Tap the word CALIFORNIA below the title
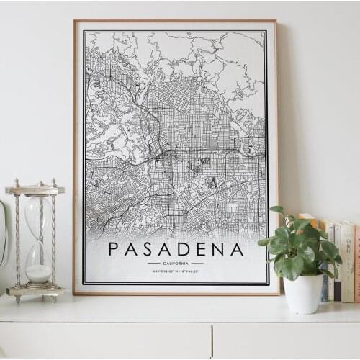coord(176,264)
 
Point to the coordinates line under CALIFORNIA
coord(176,271)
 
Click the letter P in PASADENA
coord(114,250)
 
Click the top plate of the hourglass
coord(35,190)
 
